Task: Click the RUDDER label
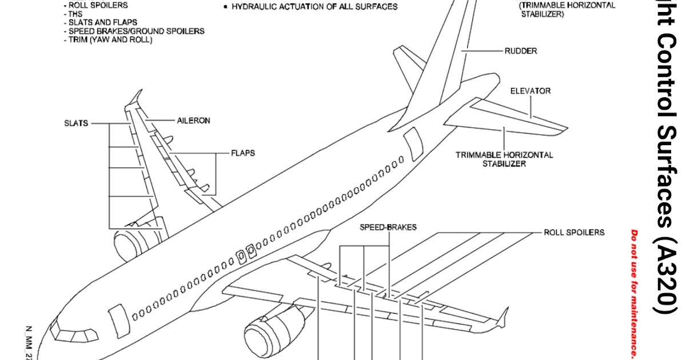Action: [x=520, y=51]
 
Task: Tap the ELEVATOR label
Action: [x=531, y=91]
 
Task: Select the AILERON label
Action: [x=193, y=121]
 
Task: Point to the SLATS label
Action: [x=76, y=123]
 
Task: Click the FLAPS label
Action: [x=243, y=153]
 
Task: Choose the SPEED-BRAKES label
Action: [x=388, y=227]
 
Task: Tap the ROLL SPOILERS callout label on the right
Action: [x=573, y=233]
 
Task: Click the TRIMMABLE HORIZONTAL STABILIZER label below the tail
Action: [x=504, y=159]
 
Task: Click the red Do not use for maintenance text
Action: [x=634, y=291]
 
